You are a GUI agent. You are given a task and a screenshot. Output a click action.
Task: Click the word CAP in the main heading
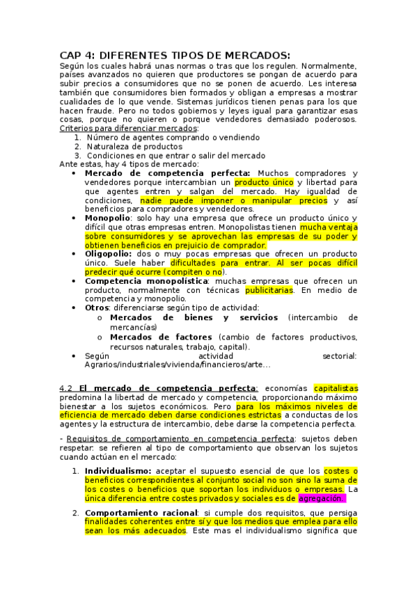(x=70, y=56)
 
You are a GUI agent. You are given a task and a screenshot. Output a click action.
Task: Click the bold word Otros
(x=97, y=308)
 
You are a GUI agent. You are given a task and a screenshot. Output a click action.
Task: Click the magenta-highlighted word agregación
(x=321, y=498)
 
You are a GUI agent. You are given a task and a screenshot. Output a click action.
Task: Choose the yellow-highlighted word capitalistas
(x=336, y=388)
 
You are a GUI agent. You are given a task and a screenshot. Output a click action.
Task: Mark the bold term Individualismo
(x=118, y=471)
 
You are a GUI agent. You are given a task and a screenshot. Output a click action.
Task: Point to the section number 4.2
(x=66, y=388)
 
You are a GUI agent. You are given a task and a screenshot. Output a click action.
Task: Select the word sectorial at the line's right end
(x=340, y=356)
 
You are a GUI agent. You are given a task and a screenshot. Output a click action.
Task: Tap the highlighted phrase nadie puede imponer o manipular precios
(x=233, y=200)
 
